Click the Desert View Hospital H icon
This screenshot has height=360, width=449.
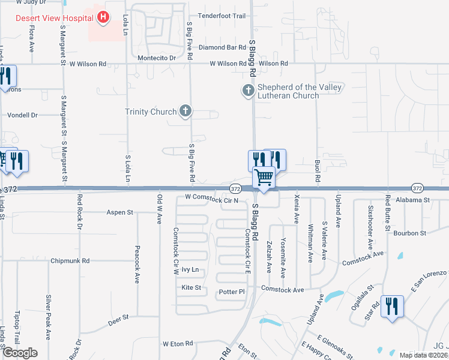(103, 17)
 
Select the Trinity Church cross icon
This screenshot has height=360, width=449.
(186, 111)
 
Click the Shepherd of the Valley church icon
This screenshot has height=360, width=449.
(248, 91)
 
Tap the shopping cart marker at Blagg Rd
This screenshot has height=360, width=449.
(264, 178)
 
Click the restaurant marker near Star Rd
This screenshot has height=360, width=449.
(391, 306)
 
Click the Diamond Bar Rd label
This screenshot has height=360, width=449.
(223, 47)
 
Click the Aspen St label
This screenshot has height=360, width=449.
(119, 212)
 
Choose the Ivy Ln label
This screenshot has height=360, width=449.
(190, 271)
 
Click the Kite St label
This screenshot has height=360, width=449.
(191, 288)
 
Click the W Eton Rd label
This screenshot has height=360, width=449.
(178, 344)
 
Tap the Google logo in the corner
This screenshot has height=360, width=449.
(20, 353)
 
